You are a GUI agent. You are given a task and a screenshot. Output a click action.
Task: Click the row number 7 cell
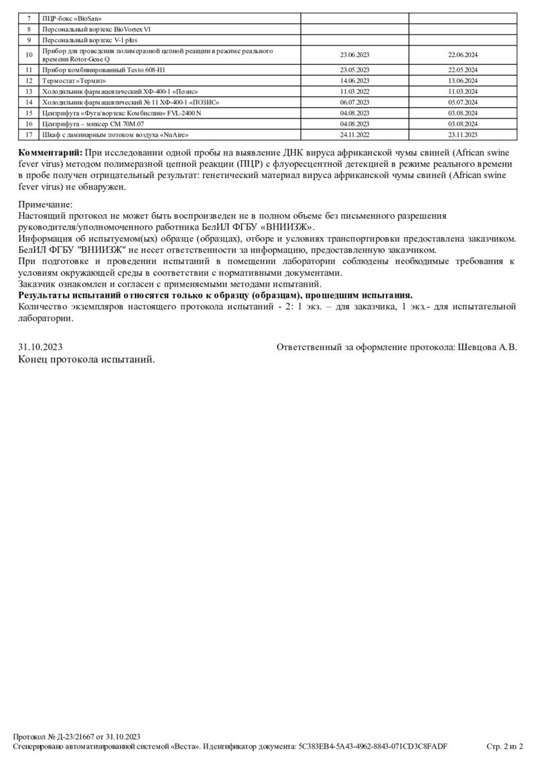point(29,18)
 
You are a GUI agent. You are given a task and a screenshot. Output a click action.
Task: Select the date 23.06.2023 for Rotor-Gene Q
point(354,55)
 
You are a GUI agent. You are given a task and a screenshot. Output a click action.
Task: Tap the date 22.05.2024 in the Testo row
point(462,70)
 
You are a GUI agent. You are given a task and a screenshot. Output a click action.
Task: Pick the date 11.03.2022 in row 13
point(354,91)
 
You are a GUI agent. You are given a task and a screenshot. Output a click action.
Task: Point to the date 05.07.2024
point(462,102)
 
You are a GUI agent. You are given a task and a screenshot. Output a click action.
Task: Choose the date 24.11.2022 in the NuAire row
point(354,135)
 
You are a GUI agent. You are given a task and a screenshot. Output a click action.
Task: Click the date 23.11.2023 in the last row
point(462,135)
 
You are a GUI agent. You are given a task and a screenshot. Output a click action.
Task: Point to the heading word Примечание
point(46,204)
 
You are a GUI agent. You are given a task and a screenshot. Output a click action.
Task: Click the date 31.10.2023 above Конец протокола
point(40,347)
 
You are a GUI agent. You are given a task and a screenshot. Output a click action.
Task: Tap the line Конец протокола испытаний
point(86,360)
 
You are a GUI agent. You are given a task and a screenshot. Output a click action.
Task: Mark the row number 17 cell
point(29,135)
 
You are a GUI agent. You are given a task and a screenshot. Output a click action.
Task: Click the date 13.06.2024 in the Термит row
point(462,80)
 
